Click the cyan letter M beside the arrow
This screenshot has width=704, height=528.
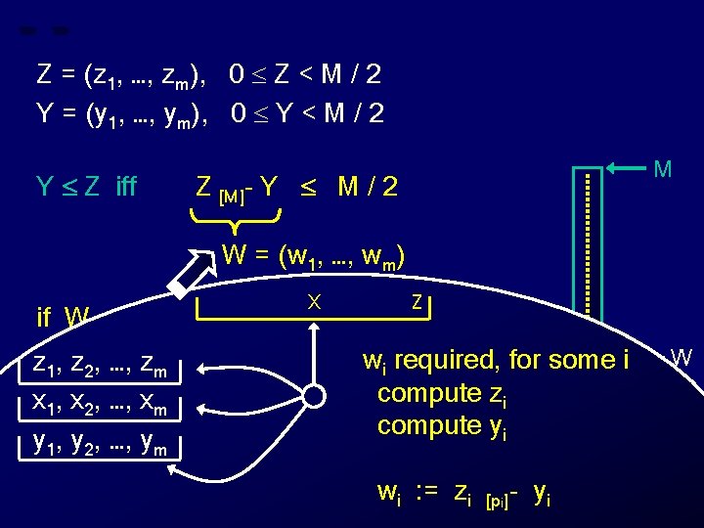tap(662, 168)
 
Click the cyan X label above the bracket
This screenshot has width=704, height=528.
tap(314, 303)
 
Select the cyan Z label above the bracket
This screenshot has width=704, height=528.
tap(418, 303)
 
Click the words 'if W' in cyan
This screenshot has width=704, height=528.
tap(63, 317)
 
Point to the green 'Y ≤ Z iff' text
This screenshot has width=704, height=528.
tap(85, 186)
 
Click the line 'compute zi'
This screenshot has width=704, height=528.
tap(442, 394)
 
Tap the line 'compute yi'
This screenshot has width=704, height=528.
tap(442, 427)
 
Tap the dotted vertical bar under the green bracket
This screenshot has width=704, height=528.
tap(590, 240)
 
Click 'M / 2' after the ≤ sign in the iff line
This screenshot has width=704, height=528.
tap(368, 186)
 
